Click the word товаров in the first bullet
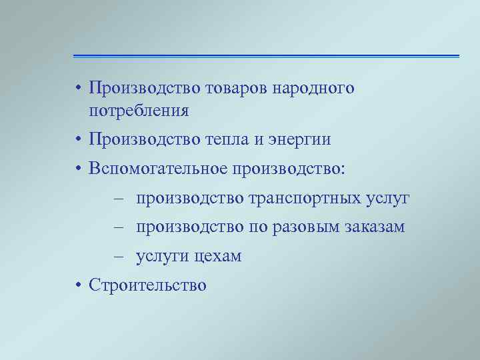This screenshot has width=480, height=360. (x=236, y=89)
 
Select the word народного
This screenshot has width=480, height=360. (x=313, y=89)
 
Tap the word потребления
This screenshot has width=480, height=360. (x=139, y=110)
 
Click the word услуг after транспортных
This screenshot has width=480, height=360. (x=388, y=199)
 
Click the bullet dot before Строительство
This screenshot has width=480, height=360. (x=78, y=286)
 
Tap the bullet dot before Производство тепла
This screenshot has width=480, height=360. (x=78, y=141)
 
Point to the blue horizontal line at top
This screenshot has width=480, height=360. (x=266, y=56)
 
